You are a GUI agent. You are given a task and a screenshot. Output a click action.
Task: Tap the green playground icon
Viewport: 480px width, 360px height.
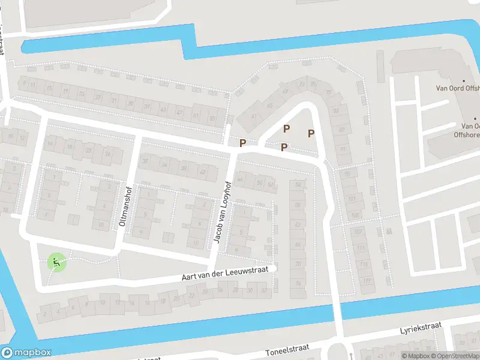(x=56, y=262)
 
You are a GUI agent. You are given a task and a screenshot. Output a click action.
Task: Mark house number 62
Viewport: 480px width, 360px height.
(x=298, y=224)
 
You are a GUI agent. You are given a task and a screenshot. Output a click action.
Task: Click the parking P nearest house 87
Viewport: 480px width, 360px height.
(x=311, y=133)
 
